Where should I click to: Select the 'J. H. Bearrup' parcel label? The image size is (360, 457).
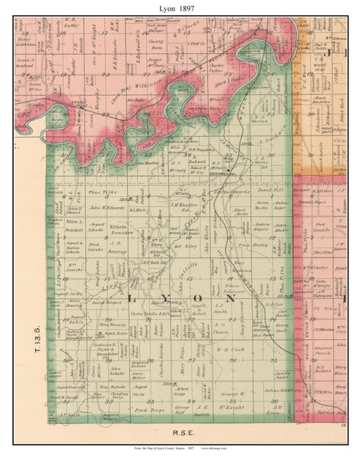coord(117,247)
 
